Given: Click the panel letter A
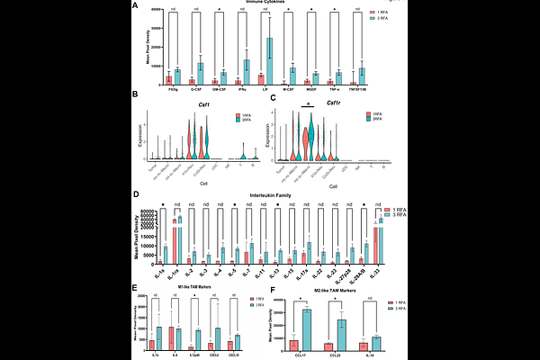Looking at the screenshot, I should [x=136, y=7].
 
